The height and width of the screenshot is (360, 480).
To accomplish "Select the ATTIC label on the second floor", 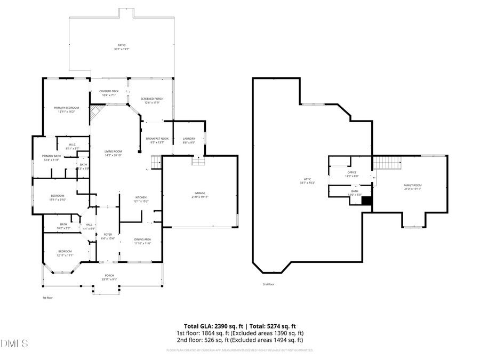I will (x=308, y=181).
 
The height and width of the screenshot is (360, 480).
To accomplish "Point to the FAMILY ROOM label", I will (x=412, y=187).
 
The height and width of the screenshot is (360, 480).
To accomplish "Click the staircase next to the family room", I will (x=387, y=162).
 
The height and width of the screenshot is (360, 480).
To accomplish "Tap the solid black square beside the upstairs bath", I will (x=366, y=201).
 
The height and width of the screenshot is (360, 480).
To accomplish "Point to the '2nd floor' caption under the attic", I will (x=268, y=285).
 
